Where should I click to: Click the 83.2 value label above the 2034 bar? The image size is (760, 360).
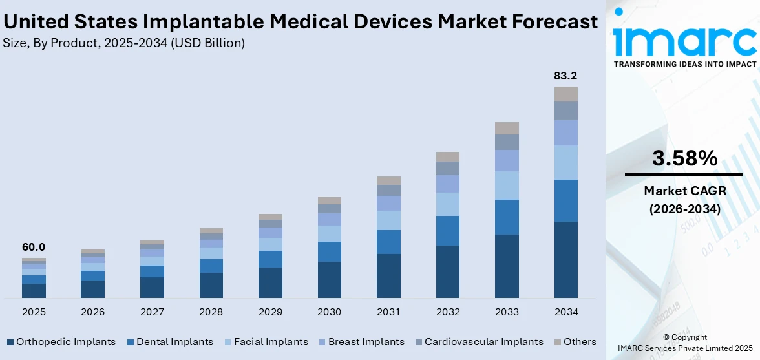(565, 76)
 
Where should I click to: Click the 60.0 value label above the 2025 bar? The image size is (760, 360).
(34, 247)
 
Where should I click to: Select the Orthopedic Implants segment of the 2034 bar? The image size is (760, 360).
(565, 260)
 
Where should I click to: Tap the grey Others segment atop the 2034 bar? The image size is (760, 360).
(565, 94)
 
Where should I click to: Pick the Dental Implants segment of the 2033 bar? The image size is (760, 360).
(507, 217)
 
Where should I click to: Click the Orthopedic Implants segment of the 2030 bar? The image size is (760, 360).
(329, 280)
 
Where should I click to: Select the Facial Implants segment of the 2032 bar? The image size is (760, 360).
(447, 204)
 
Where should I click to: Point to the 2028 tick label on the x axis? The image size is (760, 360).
(211, 312)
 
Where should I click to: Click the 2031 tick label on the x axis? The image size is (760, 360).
(388, 312)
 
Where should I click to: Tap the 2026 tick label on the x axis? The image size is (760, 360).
(93, 312)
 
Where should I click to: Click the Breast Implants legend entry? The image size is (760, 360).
(366, 342)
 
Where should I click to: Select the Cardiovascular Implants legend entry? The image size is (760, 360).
(483, 342)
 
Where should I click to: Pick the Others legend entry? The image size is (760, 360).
(580, 342)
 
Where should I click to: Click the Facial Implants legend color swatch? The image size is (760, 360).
(227, 342)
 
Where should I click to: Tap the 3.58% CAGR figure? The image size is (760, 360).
(684, 158)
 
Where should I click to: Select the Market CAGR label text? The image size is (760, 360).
(684, 191)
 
